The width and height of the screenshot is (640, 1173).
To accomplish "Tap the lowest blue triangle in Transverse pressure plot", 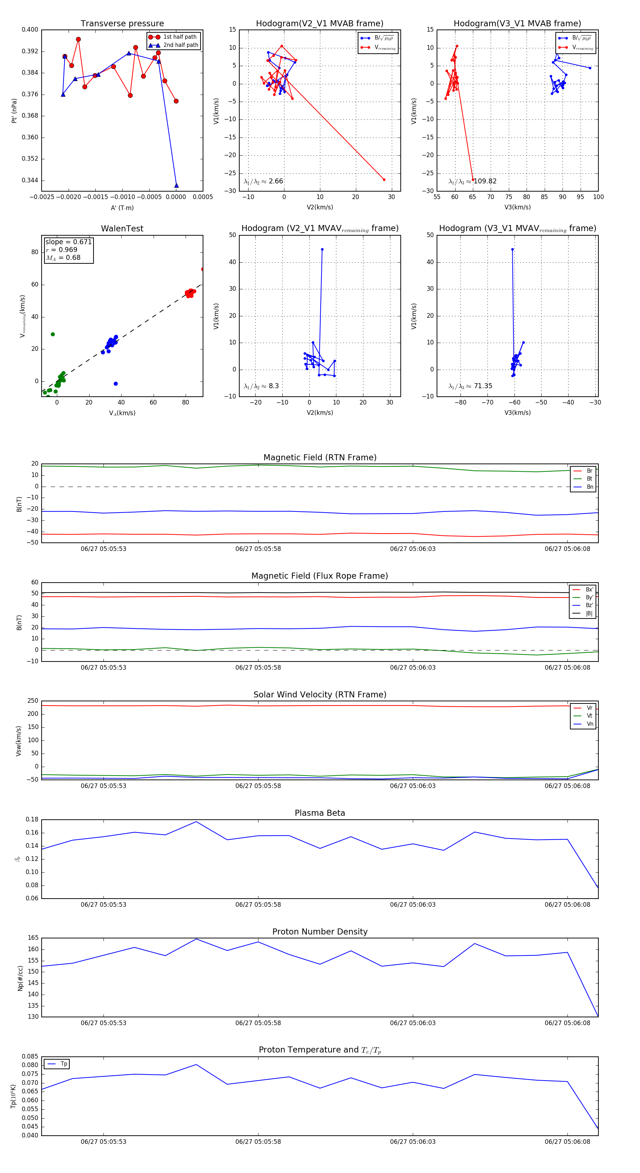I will coord(176,185).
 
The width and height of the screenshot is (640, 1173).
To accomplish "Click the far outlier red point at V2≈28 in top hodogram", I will coord(384,180).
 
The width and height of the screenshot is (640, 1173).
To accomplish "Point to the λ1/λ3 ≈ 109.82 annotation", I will coord(473,181).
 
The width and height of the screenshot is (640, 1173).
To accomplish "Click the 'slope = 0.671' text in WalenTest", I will coord(68,242).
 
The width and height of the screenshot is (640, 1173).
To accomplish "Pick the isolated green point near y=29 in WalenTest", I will coord(53,334).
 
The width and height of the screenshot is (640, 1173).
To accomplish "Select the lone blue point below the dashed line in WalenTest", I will coord(116,384).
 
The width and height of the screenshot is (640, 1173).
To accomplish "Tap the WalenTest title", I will coord(122,229).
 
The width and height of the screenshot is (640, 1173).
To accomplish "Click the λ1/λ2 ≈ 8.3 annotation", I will coord(261,386).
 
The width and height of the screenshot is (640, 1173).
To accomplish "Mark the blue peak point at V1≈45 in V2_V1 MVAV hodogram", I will coord(322,250).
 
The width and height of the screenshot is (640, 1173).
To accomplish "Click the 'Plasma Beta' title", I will coord(320,813).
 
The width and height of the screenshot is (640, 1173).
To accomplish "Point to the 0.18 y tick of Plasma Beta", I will coord(32,820).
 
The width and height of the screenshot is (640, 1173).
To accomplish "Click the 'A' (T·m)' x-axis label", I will coord(122,208).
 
